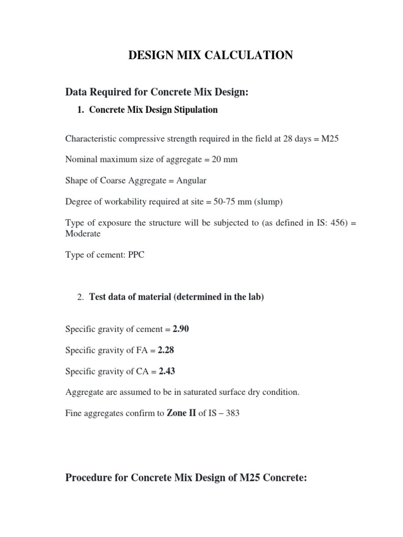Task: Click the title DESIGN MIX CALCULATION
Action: (211, 55)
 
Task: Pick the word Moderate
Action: (83, 233)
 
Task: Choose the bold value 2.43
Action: (166, 371)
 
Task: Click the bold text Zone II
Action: (181, 413)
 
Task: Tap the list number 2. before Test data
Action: (80, 297)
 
